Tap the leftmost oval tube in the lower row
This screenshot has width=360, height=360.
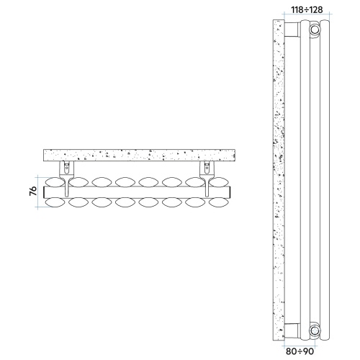[x=54, y=204]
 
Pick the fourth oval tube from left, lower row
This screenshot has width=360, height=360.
[x=126, y=204]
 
